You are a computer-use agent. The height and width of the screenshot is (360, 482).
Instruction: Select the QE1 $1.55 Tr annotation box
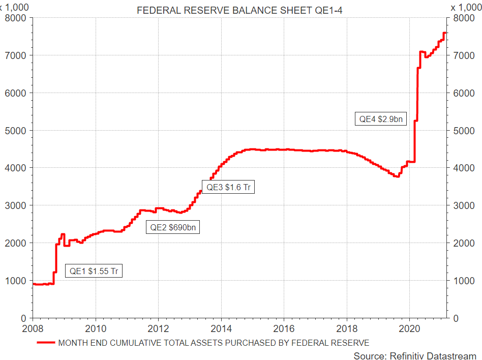(x=95, y=271)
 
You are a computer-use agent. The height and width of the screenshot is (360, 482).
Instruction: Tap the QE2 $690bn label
(x=173, y=227)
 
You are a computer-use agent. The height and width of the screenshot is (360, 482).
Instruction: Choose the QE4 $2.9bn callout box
(x=380, y=119)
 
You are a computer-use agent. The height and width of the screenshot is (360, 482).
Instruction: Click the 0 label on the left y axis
(x=25, y=318)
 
